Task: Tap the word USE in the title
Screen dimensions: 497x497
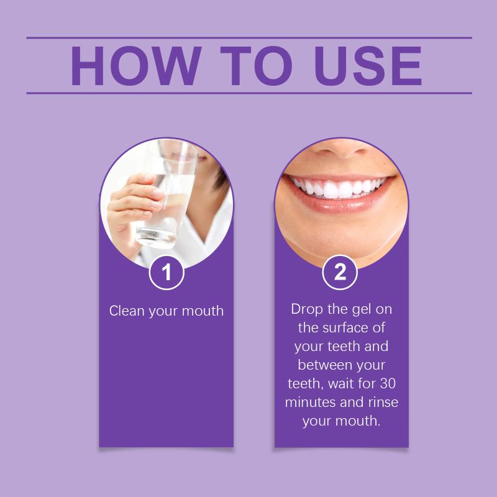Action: tap(368, 66)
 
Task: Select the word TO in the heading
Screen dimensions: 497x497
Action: tap(256, 66)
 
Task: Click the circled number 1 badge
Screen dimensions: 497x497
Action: tap(166, 272)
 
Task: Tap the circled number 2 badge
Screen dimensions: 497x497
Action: tap(340, 272)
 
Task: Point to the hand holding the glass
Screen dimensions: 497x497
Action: tap(133, 206)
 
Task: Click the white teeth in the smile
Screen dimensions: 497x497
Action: tap(339, 188)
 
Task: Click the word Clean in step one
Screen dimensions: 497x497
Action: tap(127, 311)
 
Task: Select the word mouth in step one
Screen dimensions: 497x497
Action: tap(203, 311)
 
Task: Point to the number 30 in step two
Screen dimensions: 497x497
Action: tap(388, 383)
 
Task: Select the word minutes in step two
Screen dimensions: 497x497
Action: tap(310, 402)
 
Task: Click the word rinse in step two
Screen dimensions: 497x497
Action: tap(383, 402)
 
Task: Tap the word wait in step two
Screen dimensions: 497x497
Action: tap(340, 383)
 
